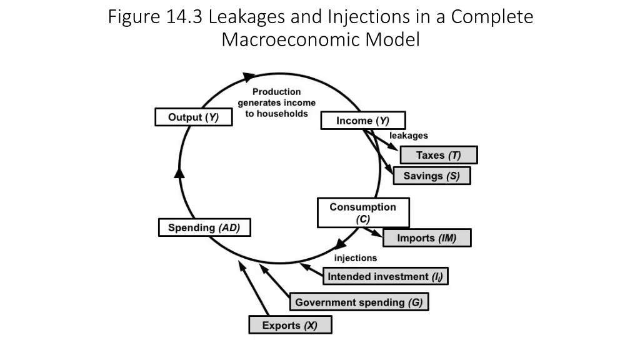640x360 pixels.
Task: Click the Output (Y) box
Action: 193,117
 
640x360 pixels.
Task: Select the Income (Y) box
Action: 362,121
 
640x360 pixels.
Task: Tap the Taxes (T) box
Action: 438,155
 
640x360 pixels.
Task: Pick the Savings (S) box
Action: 431,176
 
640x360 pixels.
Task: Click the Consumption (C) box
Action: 362,212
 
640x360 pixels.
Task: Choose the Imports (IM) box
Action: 426,238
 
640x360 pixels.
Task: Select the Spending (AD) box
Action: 204,228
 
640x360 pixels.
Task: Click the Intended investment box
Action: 386,276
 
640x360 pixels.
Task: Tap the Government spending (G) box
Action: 359,302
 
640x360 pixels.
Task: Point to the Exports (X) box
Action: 289,326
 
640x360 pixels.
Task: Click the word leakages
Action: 409,135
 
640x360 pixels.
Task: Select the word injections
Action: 355,257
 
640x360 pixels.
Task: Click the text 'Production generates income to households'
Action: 276,103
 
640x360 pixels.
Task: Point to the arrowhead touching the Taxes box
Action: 394,149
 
